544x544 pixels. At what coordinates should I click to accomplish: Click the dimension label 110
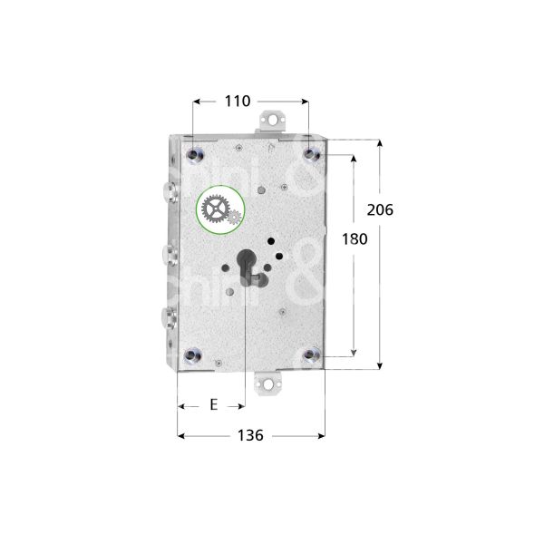point(237,102)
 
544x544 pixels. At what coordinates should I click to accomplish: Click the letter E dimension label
point(213,405)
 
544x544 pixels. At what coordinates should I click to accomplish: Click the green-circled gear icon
point(219,212)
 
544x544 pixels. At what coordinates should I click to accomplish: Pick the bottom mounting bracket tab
point(269,385)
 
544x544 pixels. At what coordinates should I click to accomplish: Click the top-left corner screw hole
point(193,155)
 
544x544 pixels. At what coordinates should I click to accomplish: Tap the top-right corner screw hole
point(311,155)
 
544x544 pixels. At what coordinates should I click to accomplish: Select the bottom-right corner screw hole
point(311,355)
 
